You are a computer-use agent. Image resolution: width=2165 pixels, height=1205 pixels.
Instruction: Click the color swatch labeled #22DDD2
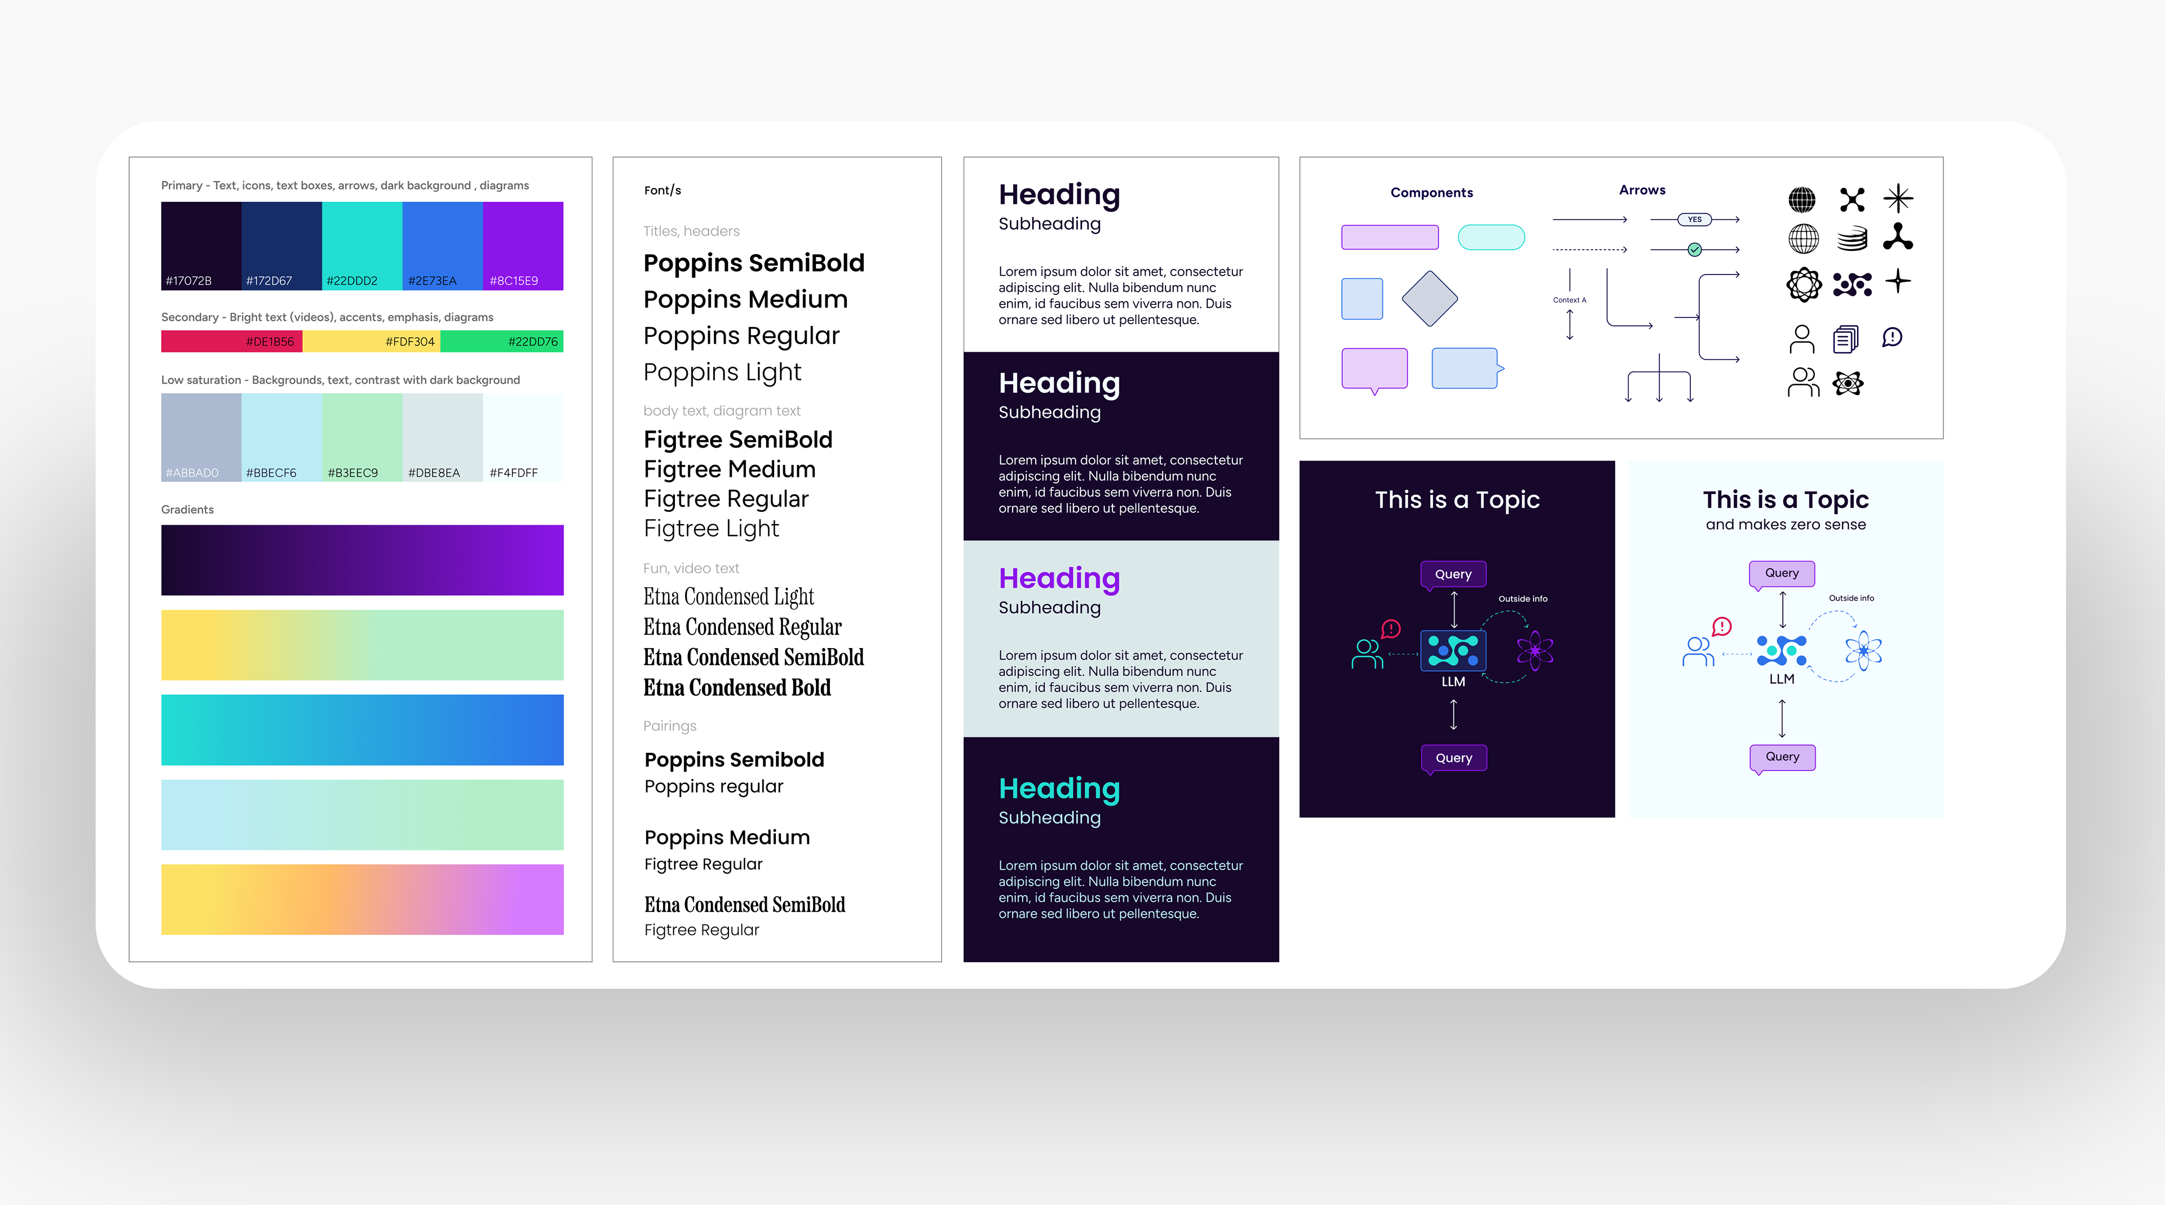coord(361,245)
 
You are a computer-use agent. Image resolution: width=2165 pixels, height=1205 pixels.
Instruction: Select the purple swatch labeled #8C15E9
coord(523,245)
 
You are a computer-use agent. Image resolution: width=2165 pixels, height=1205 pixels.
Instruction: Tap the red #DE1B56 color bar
coord(231,341)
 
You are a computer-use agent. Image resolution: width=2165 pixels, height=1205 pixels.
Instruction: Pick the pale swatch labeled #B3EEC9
coord(361,437)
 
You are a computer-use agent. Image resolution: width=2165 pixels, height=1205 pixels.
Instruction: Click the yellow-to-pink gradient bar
coord(362,899)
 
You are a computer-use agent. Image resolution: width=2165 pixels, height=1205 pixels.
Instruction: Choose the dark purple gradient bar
coord(362,560)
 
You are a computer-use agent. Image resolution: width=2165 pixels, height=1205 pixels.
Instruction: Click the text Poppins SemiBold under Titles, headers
coord(753,263)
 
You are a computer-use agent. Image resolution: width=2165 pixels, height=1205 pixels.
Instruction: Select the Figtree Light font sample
coord(711,529)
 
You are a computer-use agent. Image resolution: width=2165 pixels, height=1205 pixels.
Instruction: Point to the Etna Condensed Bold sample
coord(736,688)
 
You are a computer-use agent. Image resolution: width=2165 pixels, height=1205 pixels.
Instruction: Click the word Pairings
coord(669,726)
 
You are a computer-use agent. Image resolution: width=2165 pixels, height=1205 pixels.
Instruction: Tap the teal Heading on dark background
coord(1059,788)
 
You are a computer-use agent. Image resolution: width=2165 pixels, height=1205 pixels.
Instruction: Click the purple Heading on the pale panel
coord(1059,578)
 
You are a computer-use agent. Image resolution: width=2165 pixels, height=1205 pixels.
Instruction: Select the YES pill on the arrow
coord(1694,219)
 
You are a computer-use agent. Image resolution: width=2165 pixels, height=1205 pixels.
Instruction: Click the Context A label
coord(1569,300)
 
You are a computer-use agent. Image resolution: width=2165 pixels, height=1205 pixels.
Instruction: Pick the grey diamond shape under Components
coord(1429,298)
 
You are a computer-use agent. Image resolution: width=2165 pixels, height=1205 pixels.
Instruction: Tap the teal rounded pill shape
coord(1491,237)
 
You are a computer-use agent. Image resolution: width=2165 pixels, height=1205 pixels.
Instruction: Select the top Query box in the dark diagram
coord(1453,574)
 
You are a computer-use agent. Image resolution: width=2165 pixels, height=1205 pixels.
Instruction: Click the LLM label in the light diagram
coord(1781,679)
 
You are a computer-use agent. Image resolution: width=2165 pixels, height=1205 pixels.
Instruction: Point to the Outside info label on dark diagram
coord(1522,599)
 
